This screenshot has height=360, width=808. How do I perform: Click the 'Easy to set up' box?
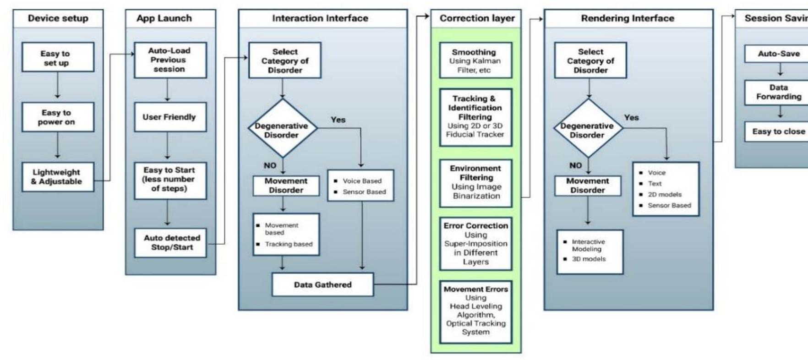[58, 58]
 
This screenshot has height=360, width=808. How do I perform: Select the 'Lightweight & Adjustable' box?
[58, 177]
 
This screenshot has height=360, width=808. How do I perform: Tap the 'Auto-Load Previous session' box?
[170, 60]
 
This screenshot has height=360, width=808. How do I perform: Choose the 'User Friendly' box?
[170, 117]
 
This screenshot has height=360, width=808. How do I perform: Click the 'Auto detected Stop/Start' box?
[170, 243]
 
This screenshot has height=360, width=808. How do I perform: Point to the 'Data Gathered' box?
[322, 284]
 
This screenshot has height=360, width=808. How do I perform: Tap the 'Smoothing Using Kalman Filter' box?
[475, 61]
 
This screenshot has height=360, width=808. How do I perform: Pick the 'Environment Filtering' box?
[475, 182]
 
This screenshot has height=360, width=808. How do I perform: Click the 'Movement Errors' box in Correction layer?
[475, 311]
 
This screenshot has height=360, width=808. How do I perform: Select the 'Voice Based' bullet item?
[362, 181]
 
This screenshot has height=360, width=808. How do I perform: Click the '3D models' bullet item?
[589, 259]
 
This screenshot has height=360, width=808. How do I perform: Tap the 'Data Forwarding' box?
[779, 92]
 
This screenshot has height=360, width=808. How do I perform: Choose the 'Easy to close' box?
[779, 131]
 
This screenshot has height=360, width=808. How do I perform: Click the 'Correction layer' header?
[476, 18]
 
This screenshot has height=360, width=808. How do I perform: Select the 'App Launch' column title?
[164, 18]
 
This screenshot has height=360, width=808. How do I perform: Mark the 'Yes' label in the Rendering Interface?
[631, 118]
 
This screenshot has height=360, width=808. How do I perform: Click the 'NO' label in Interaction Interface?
[270, 165]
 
